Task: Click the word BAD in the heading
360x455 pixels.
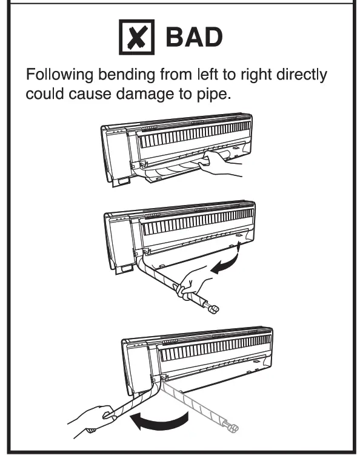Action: coord(193,38)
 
